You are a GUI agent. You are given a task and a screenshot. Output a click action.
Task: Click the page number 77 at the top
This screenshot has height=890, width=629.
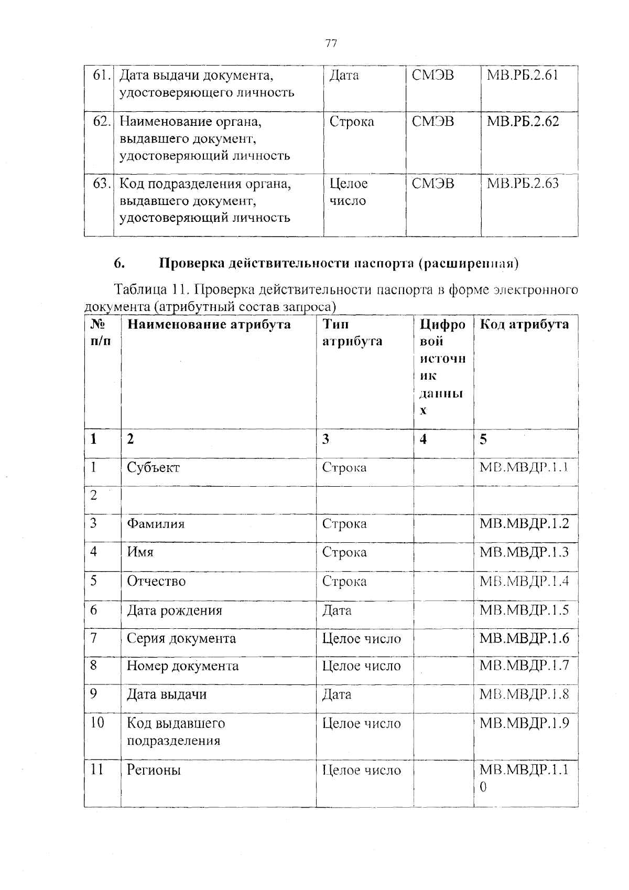coord(331,44)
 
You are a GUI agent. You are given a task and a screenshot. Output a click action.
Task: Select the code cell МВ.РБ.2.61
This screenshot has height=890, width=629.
coord(523,76)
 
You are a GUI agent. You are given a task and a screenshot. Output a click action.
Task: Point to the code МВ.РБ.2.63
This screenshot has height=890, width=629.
coord(523,184)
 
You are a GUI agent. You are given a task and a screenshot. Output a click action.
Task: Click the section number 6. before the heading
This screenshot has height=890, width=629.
coord(119,263)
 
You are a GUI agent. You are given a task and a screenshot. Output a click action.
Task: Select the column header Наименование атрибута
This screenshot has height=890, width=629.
coord(209,324)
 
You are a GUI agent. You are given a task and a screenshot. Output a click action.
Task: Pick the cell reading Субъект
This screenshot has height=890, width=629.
coord(153,467)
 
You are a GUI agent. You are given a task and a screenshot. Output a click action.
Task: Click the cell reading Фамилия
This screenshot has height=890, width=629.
coord(156,523)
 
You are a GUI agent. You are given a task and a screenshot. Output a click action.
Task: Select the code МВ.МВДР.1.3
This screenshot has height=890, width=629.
coord(524,552)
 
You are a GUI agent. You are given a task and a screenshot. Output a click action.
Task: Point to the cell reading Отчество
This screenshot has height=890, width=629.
coord(156,581)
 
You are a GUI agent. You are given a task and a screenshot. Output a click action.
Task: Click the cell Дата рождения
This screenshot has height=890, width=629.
coord(175,610)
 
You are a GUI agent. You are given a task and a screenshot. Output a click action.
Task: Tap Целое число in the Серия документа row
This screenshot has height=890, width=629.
coord(361,638)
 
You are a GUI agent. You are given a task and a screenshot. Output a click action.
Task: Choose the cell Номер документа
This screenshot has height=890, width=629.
coord(182,666)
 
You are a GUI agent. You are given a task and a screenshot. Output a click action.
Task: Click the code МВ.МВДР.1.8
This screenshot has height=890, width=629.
coord(524,694)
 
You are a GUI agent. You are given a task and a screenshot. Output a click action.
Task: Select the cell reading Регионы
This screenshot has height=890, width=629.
coord(154,770)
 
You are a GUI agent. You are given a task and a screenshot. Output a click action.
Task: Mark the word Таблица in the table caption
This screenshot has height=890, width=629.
coord(140,289)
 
